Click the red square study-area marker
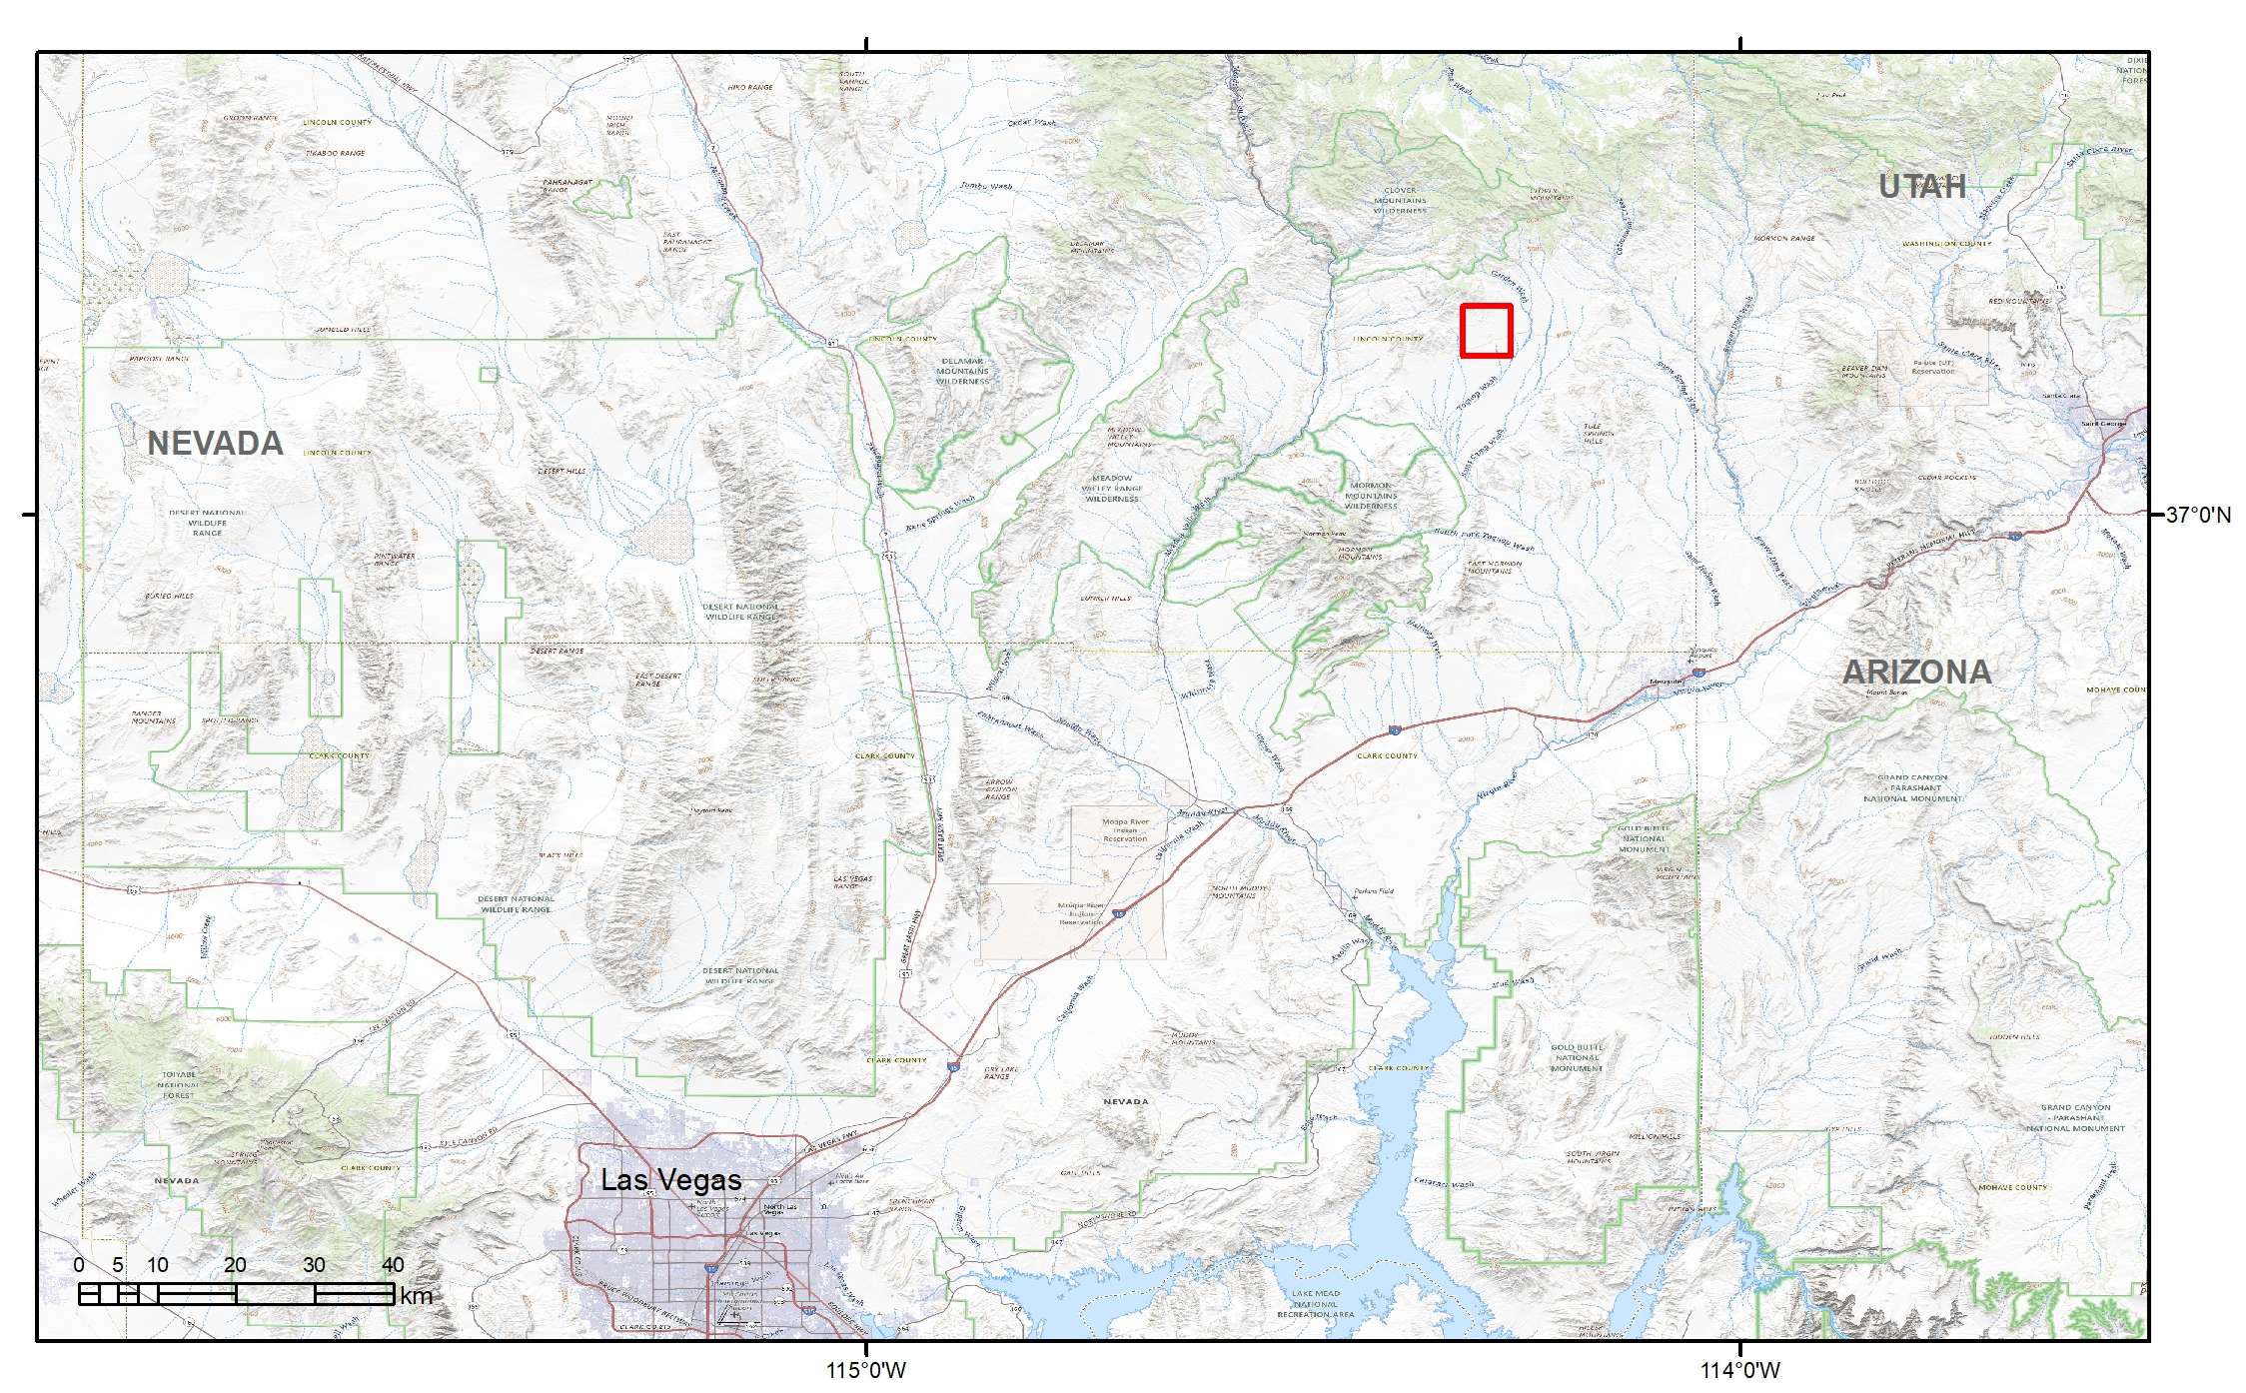1486,331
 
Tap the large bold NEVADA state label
215,444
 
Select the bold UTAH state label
1921,187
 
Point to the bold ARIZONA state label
1916,673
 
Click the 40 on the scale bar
393,1265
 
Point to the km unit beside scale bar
416,1297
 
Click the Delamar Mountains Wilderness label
962,371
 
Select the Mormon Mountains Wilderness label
1371,496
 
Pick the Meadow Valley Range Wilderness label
1112,488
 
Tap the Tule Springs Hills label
1592,433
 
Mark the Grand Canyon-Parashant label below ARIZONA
1912,787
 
